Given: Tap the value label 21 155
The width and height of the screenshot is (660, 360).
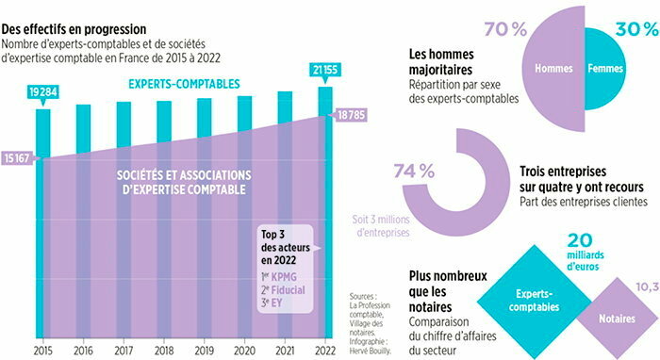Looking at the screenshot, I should [x=324, y=69].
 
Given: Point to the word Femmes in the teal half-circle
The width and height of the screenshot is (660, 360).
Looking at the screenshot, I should [x=605, y=70].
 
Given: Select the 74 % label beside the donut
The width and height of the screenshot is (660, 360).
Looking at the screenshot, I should [x=413, y=171].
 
